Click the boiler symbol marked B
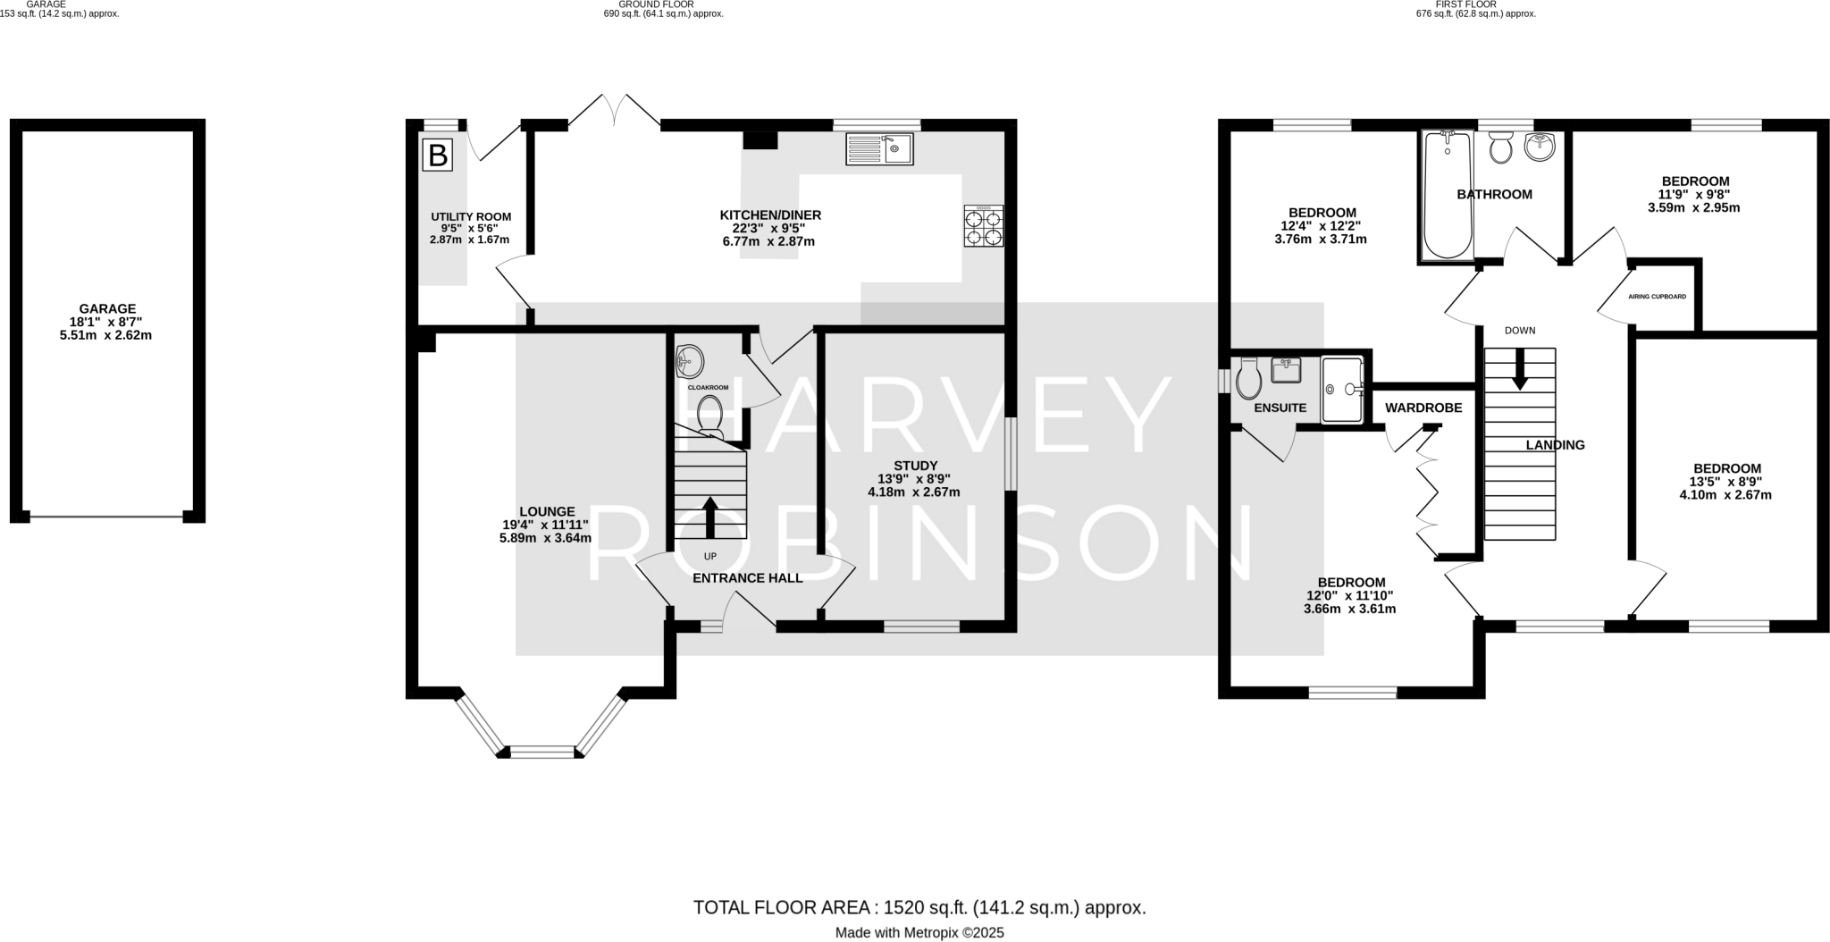pos(438,156)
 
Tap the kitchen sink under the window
pos(879,149)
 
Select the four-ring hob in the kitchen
pos(983,226)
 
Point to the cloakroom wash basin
pos(690,362)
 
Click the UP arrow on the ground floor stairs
pos(710,517)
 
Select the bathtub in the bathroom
pos(1448,195)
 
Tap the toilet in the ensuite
pos(1249,379)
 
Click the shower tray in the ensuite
pos(1341,389)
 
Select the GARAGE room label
pos(107,309)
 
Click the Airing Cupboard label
pos(1657,297)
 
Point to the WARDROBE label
pos(1423,408)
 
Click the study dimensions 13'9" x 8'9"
pos(914,478)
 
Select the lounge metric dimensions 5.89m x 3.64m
pos(545,538)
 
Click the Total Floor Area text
pos(919,908)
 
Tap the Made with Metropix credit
pos(919,933)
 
